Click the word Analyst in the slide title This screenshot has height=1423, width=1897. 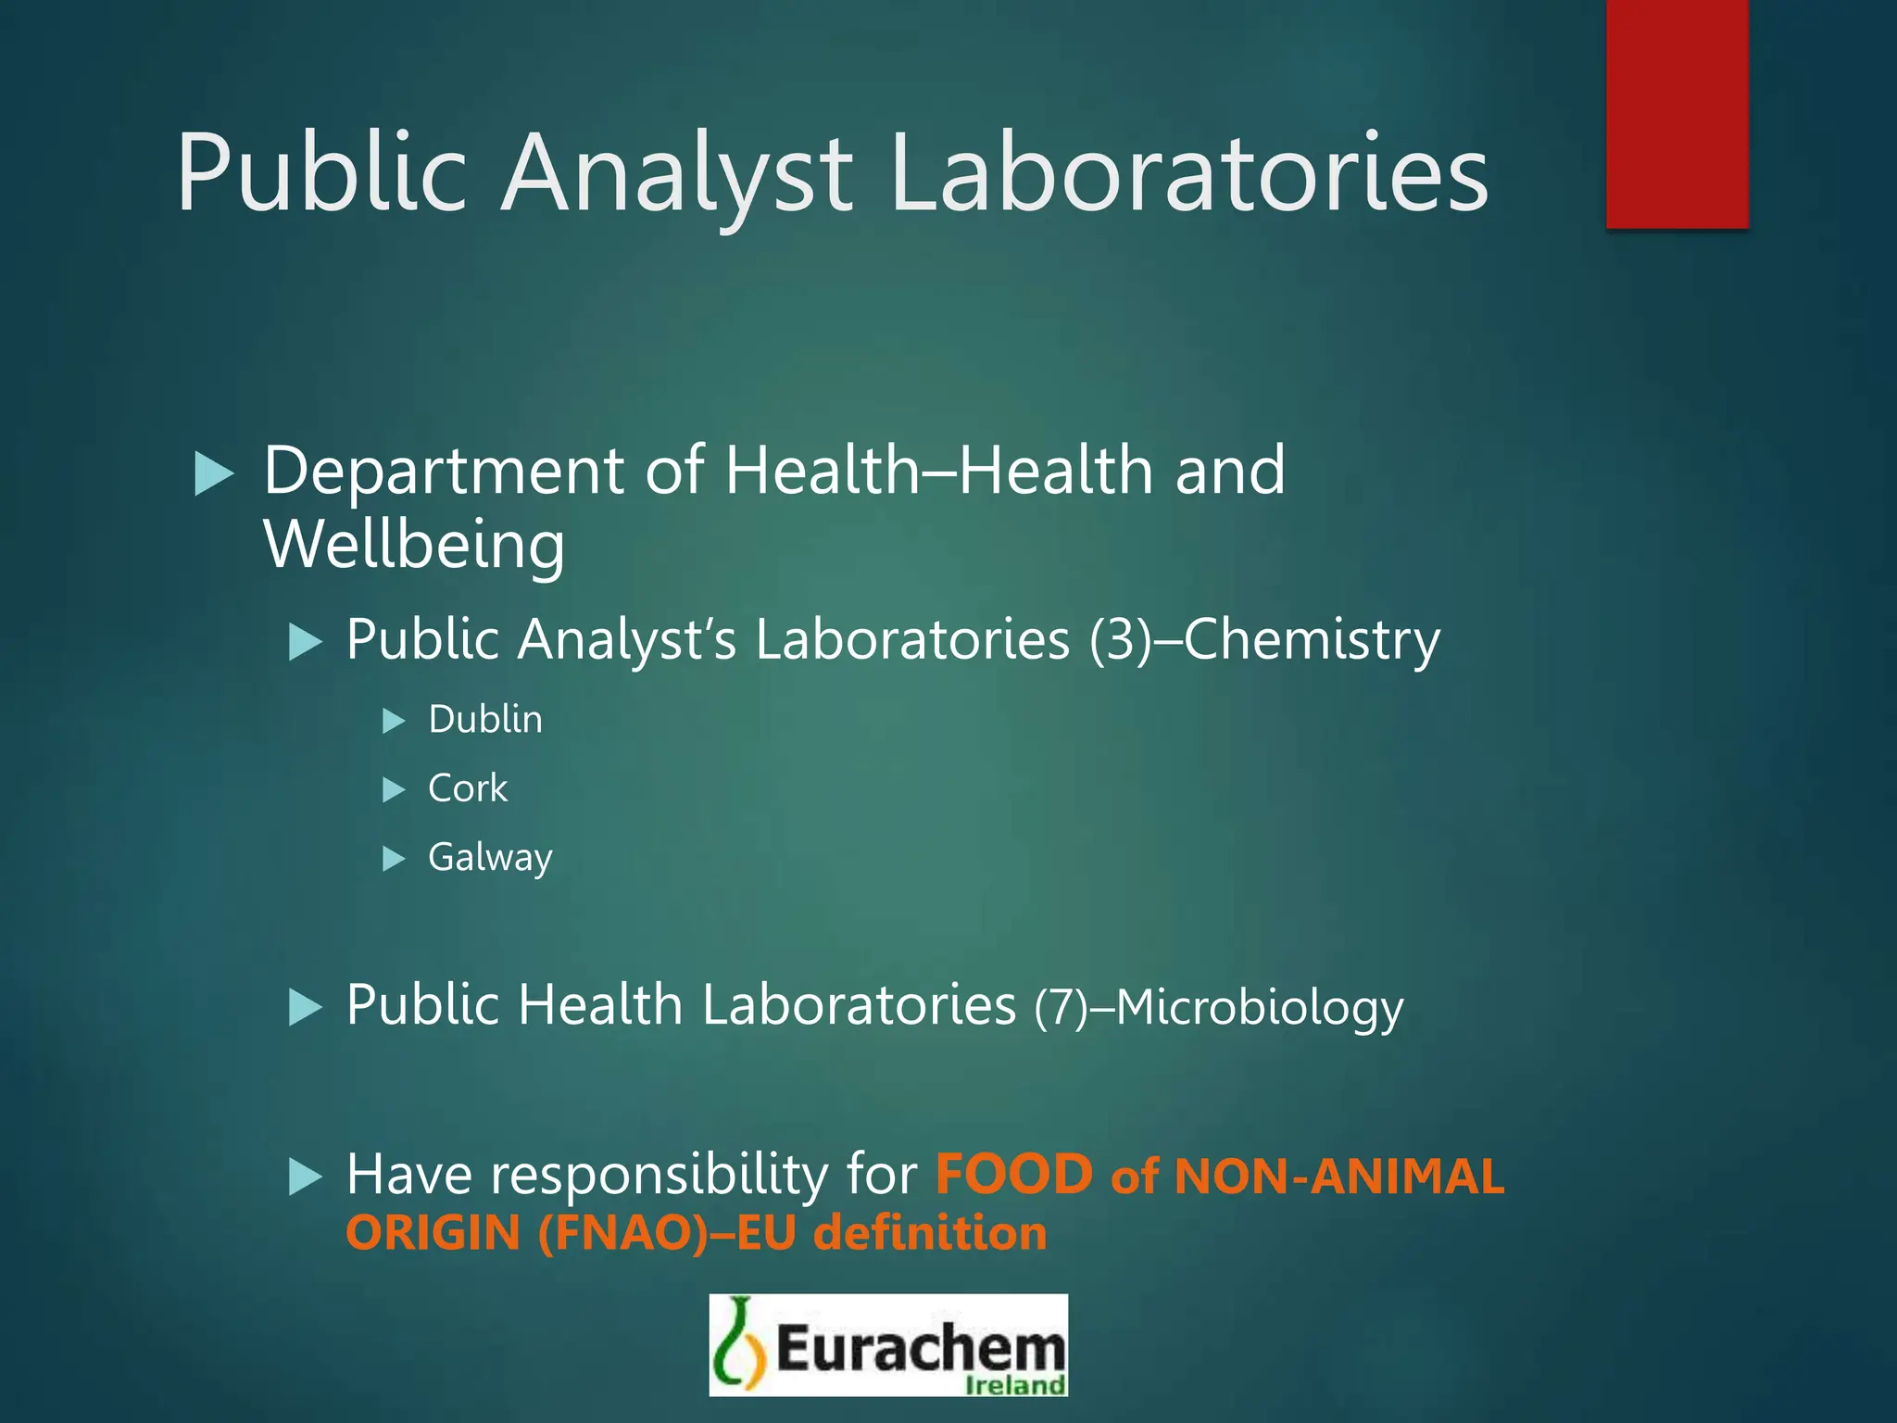click(x=676, y=174)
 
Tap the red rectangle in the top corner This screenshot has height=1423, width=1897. click(x=1677, y=113)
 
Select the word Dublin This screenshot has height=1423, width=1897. click(x=485, y=720)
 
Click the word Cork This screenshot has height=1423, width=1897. click(x=468, y=788)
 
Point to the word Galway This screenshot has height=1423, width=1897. click(x=490, y=858)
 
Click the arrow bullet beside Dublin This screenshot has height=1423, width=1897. click(x=395, y=721)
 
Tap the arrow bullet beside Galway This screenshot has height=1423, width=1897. click(x=395, y=859)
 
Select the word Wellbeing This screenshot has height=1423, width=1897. click(x=414, y=545)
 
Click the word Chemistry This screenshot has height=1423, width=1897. click(x=1312, y=640)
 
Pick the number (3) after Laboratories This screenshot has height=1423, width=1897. click(x=1120, y=640)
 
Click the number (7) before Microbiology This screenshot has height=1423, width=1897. click(x=1061, y=1008)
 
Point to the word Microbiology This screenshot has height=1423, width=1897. click(x=1260, y=1008)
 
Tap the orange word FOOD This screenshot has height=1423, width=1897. click(x=1014, y=1175)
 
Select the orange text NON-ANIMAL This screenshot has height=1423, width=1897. click(x=1338, y=1177)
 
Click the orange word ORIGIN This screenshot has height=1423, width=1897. click(x=433, y=1234)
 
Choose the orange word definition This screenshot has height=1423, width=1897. click(x=930, y=1234)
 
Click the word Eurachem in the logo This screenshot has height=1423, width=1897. click(x=921, y=1348)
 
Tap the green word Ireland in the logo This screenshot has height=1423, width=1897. click(x=1015, y=1385)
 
